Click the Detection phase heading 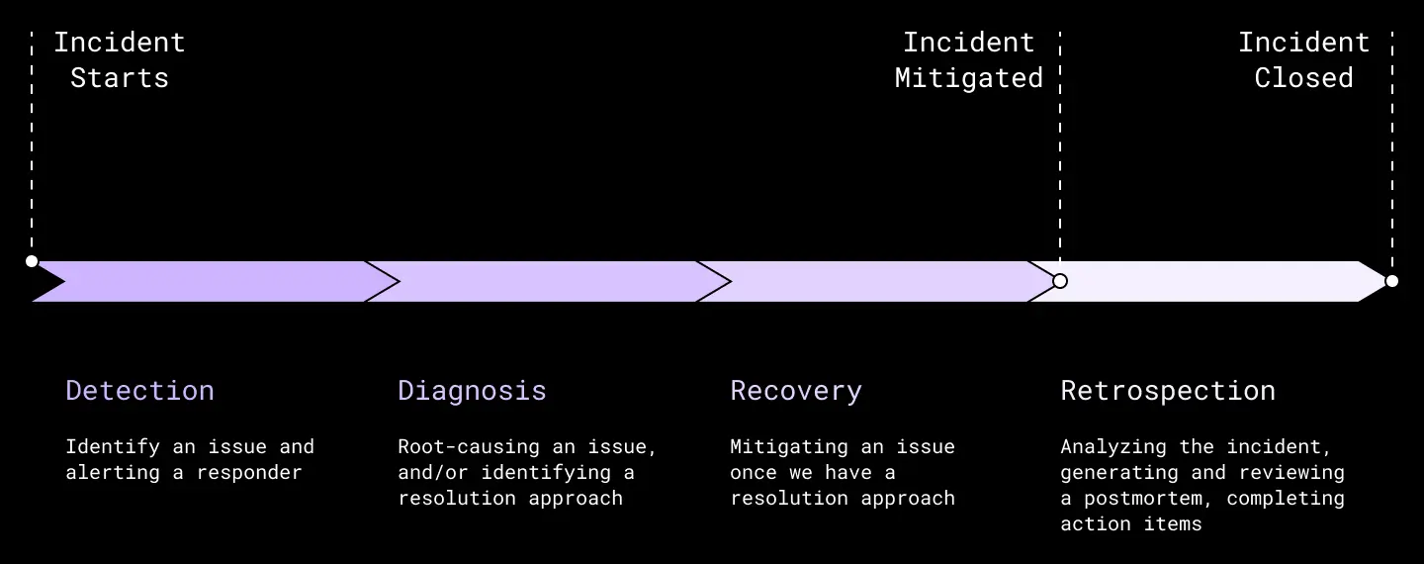tap(139, 391)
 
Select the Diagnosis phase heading tap(472, 391)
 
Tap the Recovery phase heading tap(796, 391)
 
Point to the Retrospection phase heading tap(1168, 391)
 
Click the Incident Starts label tap(120, 59)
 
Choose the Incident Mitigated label tap(969, 59)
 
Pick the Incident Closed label tap(1303, 59)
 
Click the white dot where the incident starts tap(32, 261)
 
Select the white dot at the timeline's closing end tap(1391, 281)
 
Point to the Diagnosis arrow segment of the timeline tap(548, 281)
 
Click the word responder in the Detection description tap(249, 472)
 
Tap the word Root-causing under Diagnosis tap(469, 446)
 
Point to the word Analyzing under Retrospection tap(1113, 447)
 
